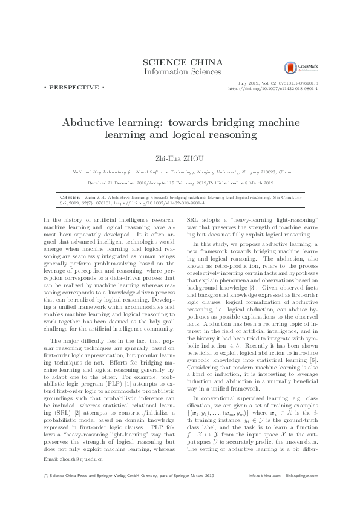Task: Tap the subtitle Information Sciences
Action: pyautogui.click(x=180, y=72)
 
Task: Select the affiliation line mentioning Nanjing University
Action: pyautogui.click(x=180, y=172)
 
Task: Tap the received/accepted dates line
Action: pyautogui.click(x=180, y=183)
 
